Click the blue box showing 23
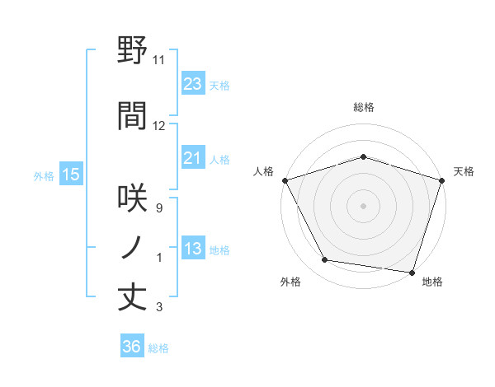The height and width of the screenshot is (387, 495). click(x=192, y=84)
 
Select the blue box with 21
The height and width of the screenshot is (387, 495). click(x=192, y=159)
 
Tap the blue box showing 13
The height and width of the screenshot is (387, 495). click(x=192, y=249)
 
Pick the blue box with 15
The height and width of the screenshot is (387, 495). click(x=70, y=175)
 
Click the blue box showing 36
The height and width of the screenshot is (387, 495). click(x=131, y=347)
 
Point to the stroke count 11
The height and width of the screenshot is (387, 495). click(x=158, y=60)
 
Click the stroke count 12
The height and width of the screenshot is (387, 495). click(x=158, y=126)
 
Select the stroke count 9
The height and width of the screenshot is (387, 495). click(x=158, y=208)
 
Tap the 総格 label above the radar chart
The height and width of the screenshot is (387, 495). click(x=363, y=107)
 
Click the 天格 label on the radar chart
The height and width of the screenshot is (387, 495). click(x=464, y=171)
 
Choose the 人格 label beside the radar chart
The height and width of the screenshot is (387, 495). click(x=263, y=171)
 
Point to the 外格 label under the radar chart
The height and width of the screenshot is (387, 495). click(x=290, y=282)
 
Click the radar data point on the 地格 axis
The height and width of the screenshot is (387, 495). click(x=412, y=271)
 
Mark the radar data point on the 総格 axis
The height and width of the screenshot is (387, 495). click(x=363, y=156)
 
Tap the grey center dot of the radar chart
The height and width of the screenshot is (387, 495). click(x=363, y=205)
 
